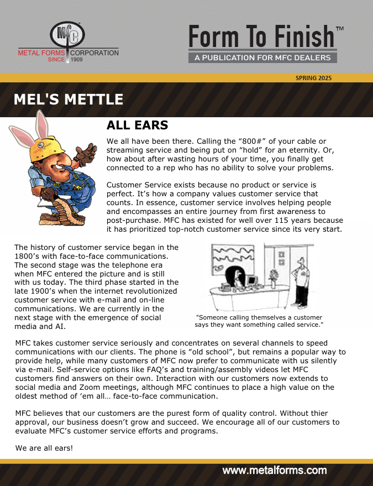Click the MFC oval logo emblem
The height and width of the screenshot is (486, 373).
point(68,35)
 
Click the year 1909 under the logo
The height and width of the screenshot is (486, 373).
point(77,59)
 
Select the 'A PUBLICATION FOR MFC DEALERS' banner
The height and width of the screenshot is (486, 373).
point(262,58)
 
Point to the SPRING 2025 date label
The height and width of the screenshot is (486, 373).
point(314,78)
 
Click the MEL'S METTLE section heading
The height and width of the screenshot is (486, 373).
point(68,100)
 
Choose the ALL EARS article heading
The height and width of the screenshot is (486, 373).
point(137,126)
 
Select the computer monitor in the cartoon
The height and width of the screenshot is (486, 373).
point(252,281)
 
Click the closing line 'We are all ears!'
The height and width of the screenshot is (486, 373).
point(44,447)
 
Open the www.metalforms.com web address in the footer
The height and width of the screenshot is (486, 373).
point(274,471)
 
